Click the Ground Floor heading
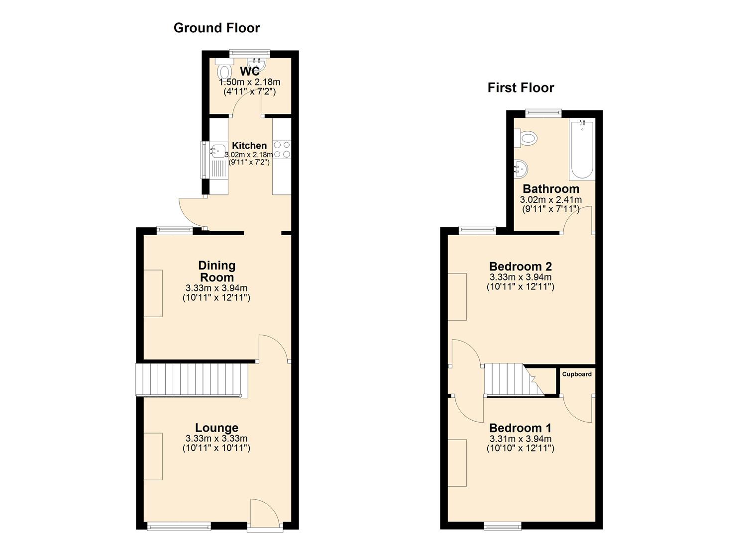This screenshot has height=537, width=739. click(x=217, y=28)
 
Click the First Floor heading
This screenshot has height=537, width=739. click(x=521, y=88)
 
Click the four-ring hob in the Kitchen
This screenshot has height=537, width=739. click(x=282, y=149)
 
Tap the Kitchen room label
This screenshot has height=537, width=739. click(x=249, y=145)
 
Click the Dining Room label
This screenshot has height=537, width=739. click(x=217, y=271)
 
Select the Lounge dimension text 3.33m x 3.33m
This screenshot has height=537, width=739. click(x=216, y=439)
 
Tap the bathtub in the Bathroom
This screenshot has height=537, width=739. click(x=582, y=150)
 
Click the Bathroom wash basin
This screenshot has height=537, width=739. click(x=521, y=169)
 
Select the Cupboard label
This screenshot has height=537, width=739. click(x=577, y=374)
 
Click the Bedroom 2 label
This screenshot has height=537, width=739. click(x=520, y=267)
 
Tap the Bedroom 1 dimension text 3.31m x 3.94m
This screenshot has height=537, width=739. click(x=521, y=439)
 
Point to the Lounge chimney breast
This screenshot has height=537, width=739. click(x=153, y=456)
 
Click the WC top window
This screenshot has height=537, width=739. click(x=250, y=53)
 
